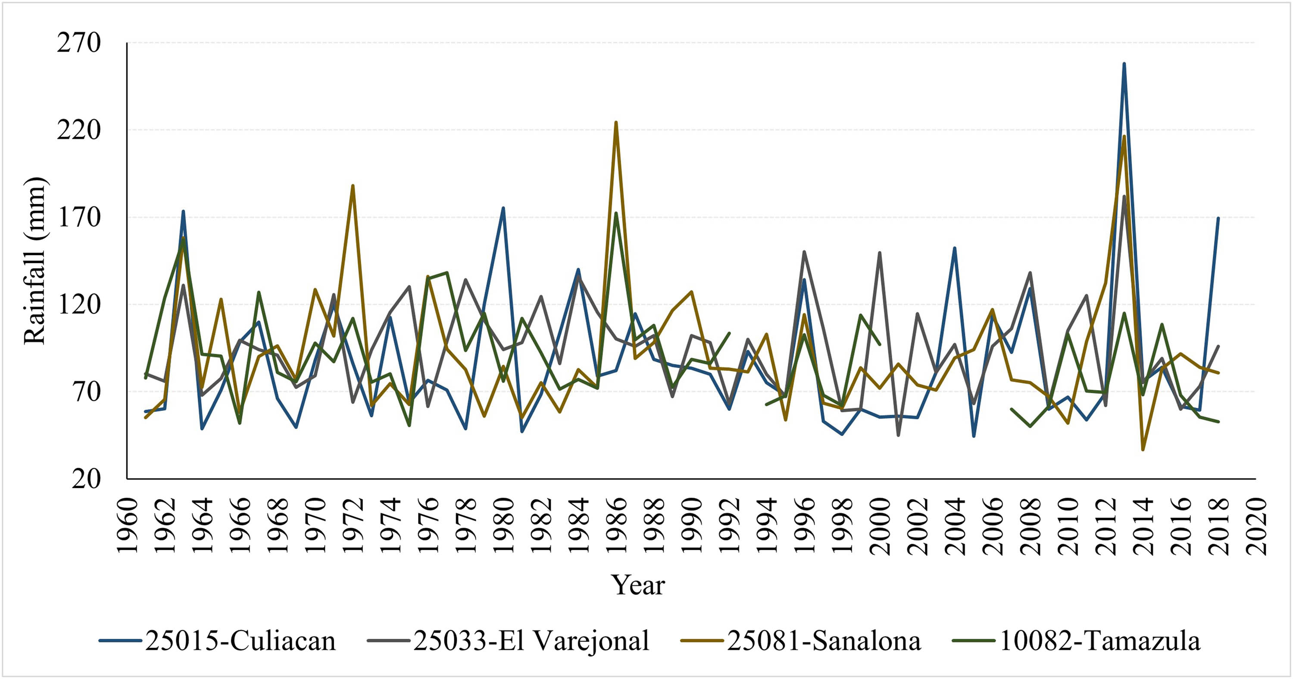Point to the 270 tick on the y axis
coord(79,43)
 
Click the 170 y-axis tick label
coord(79,217)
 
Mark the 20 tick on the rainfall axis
coord(86,479)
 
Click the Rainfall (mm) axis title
coord(35,261)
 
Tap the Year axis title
coord(637,585)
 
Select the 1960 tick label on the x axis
coord(128,526)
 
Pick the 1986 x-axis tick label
coord(616,526)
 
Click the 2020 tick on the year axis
coord(1256,526)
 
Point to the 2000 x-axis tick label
coord(880,526)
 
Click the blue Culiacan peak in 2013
coord(1124,63)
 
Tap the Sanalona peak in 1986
coord(616,122)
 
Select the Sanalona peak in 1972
coord(353,185)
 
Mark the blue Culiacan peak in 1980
coord(503,207)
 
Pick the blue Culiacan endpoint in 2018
coord(1218,218)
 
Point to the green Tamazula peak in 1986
coord(616,213)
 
